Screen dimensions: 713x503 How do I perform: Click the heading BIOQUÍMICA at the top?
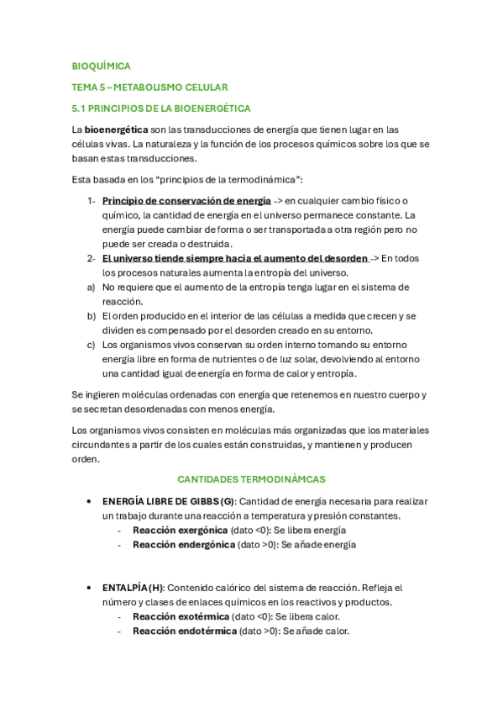coord(101,66)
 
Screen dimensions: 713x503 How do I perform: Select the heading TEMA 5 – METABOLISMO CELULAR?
coord(149,87)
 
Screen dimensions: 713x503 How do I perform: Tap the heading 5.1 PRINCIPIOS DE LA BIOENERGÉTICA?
coord(161,108)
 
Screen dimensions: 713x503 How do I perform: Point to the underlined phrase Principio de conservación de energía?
coord(186,201)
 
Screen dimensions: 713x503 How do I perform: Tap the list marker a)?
coord(91,287)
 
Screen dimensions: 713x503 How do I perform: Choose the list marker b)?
coord(91,316)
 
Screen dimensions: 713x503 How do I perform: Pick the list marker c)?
coord(91,345)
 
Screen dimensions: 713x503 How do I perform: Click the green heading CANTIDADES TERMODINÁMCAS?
coord(251,479)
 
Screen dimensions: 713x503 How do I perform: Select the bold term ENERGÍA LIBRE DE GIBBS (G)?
coord(169,501)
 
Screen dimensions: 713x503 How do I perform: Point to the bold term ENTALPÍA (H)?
coord(133,588)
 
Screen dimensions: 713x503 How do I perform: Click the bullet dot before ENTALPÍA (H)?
coord(89,588)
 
